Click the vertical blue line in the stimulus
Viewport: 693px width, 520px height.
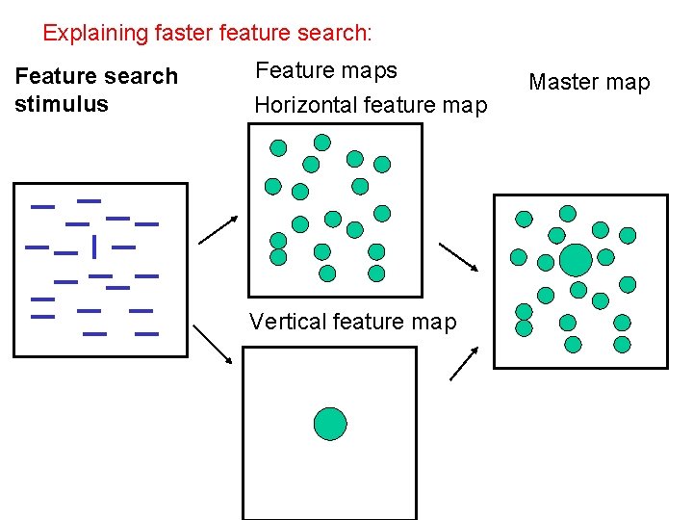[x=94, y=247]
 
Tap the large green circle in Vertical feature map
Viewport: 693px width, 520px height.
[x=330, y=423]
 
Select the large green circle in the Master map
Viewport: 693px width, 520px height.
[x=576, y=260]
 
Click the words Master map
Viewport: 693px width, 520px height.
[x=589, y=83]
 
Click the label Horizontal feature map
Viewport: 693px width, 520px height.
[x=371, y=105]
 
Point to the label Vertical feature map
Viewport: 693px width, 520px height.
[x=352, y=322]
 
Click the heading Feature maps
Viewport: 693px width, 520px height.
[x=325, y=70]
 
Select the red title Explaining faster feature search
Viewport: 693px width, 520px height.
[x=207, y=33]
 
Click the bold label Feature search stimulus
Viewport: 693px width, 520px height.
[x=96, y=90]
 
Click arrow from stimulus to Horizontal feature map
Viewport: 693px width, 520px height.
[x=218, y=231]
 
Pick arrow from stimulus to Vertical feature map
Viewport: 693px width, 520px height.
[x=213, y=344]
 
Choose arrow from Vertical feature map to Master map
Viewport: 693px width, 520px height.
[x=464, y=362]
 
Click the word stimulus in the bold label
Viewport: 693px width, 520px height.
[x=62, y=104]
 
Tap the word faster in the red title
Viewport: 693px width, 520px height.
[x=184, y=33]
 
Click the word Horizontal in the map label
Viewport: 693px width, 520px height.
[x=300, y=105]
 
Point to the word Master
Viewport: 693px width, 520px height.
[x=561, y=83]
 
